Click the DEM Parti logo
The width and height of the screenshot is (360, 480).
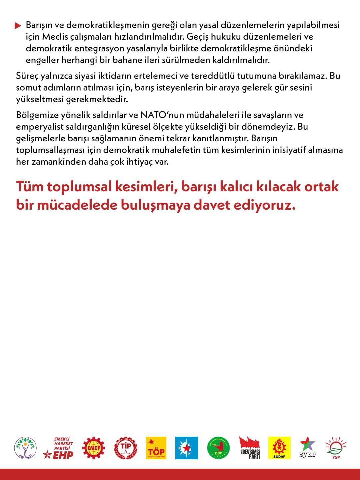[25, 448]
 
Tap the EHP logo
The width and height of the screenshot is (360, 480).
[59, 448]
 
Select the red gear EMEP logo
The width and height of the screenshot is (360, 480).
[94, 448]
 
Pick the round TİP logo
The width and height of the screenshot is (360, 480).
[126, 448]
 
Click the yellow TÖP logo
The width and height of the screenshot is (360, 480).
[156, 448]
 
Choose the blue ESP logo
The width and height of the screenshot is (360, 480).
[187, 448]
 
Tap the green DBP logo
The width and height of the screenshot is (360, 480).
[218, 448]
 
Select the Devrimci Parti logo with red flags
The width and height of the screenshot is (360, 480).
[249, 448]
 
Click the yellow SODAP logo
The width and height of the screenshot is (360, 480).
[279, 448]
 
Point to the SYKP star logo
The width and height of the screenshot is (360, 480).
[308, 448]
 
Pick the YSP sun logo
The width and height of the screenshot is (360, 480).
[336, 448]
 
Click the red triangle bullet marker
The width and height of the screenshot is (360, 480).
[18, 25]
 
